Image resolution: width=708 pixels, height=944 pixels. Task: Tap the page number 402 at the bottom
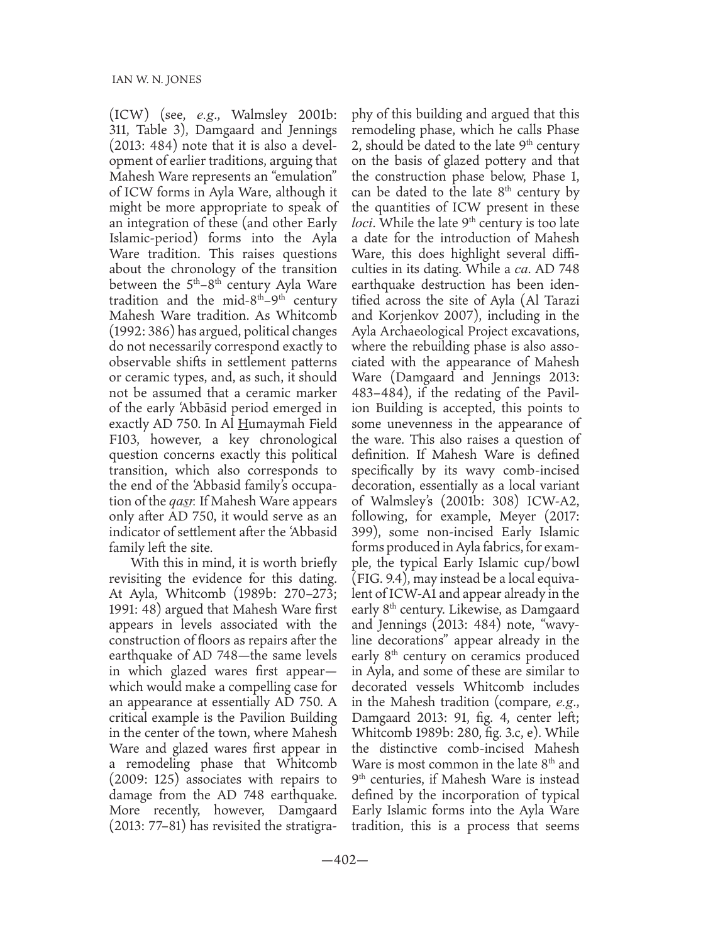point(353,860)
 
